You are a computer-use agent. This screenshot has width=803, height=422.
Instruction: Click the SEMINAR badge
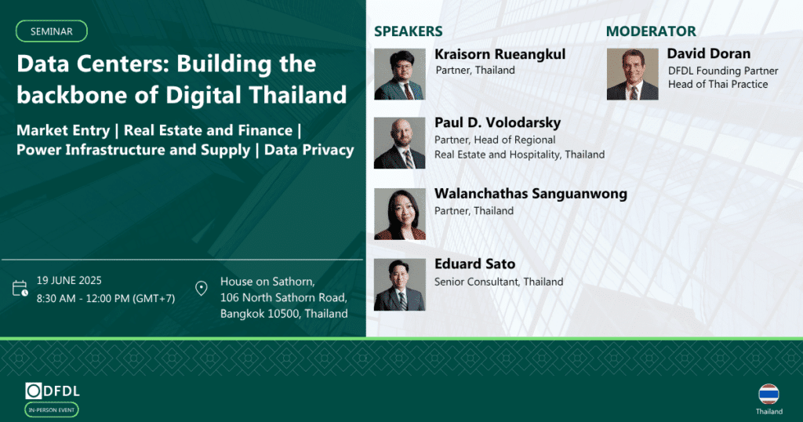pyautogui.click(x=51, y=31)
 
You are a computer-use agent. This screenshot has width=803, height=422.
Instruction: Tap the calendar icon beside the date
pyautogui.click(x=20, y=289)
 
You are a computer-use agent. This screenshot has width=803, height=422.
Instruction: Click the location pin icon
pyautogui.click(x=202, y=289)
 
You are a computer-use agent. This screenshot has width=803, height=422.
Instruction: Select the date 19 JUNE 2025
pyautogui.click(x=69, y=281)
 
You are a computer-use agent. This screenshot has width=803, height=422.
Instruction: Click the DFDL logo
pyautogui.click(x=53, y=391)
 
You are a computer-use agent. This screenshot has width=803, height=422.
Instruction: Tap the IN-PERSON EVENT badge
pyautogui.click(x=52, y=409)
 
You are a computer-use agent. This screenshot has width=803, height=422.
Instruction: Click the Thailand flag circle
pyautogui.click(x=768, y=395)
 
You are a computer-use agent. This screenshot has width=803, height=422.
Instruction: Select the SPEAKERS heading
pyautogui.click(x=408, y=31)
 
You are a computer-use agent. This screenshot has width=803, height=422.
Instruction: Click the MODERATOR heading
pyautogui.click(x=651, y=31)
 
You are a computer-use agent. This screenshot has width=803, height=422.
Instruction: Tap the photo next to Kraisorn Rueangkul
pyautogui.click(x=400, y=74)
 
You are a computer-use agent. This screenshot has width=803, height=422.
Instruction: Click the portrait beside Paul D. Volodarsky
pyautogui.click(x=399, y=143)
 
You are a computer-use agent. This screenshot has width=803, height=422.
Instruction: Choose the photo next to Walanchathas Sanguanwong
pyautogui.click(x=400, y=214)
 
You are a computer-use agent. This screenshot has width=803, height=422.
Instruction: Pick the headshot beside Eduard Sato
pyautogui.click(x=399, y=284)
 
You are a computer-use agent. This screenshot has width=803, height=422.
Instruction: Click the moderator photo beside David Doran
pyautogui.click(x=633, y=74)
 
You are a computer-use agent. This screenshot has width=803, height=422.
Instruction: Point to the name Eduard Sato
pyautogui.click(x=474, y=264)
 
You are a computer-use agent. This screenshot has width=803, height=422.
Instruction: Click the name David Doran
pyautogui.click(x=709, y=53)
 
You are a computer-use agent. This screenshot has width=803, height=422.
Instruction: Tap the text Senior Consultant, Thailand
pyautogui.click(x=499, y=282)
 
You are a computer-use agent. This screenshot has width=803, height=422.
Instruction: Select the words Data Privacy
pyautogui.click(x=309, y=150)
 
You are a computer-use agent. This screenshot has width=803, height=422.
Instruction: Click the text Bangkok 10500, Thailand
pyautogui.click(x=284, y=314)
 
